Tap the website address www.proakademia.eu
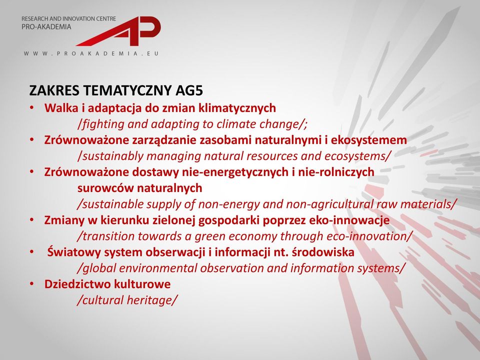(91, 53)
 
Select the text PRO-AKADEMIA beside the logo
(46, 27)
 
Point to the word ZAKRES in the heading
(54, 90)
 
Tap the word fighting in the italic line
(100, 124)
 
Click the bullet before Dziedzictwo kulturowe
(32, 284)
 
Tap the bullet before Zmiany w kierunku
(32, 220)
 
